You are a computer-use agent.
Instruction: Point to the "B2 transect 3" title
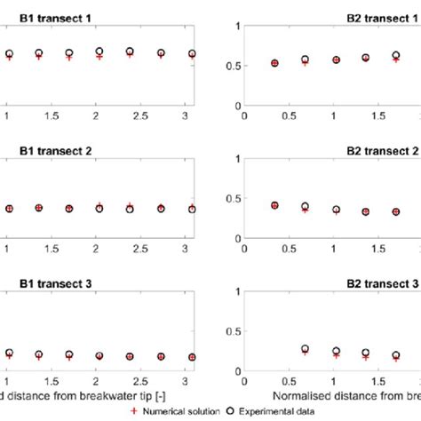[x=382, y=284]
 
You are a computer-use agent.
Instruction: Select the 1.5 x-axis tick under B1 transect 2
[x=68, y=250]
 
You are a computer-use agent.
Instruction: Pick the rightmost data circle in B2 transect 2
[x=396, y=211]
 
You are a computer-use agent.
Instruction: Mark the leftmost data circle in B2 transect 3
[x=305, y=350]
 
